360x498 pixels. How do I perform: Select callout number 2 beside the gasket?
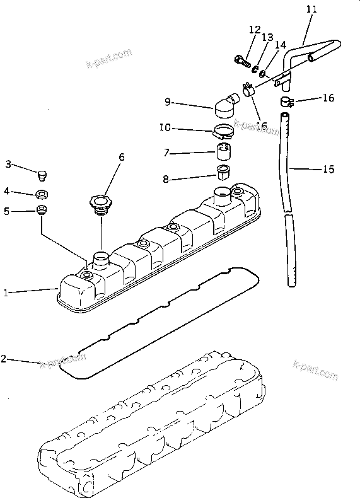pyautogui.click(x=4, y=359)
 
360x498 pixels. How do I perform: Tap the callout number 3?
pyautogui.click(x=8, y=165)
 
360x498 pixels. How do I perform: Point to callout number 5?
pyautogui.click(x=7, y=212)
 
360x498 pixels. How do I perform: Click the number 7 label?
pyautogui.click(x=166, y=153)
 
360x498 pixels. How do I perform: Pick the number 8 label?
pyautogui.click(x=166, y=179)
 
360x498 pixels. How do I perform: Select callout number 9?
pyautogui.click(x=168, y=101)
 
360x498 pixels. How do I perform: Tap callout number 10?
pyautogui.click(x=165, y=128)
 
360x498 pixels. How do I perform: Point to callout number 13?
pyautogui.click(x=267, y=38)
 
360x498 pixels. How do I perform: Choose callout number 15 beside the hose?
pyautogui.click(x=328, y=170)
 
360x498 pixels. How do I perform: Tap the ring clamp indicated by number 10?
pyautogui.click(x=222, y=132)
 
